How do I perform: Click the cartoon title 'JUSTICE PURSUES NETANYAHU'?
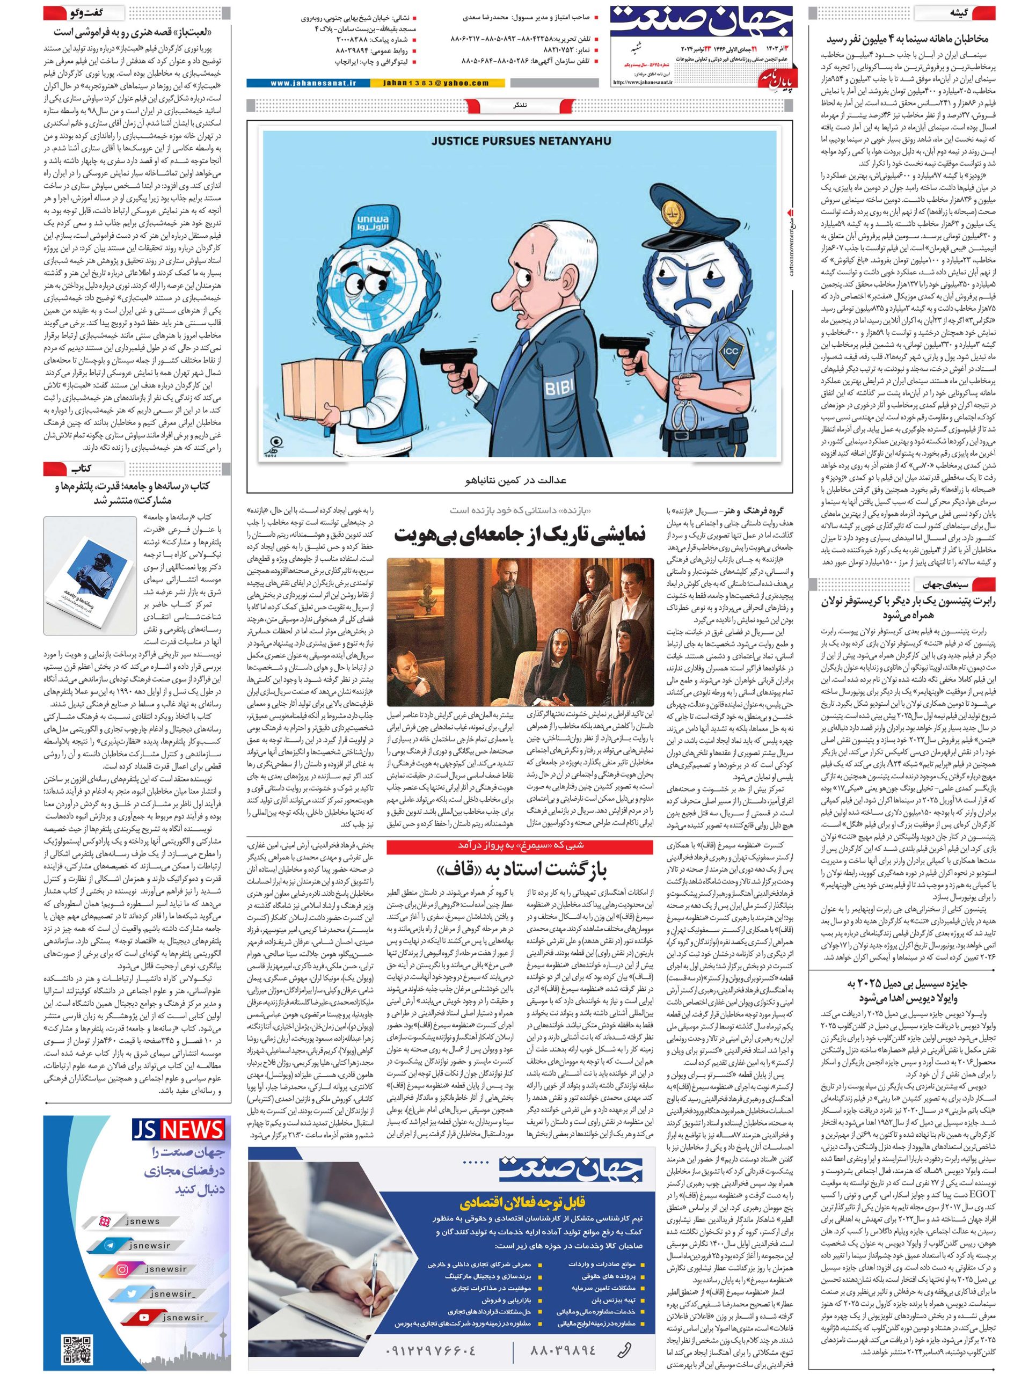pyautogui.click(x=521, y=141)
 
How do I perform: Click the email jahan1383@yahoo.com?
pyautogui.click(x=435, y=83)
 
